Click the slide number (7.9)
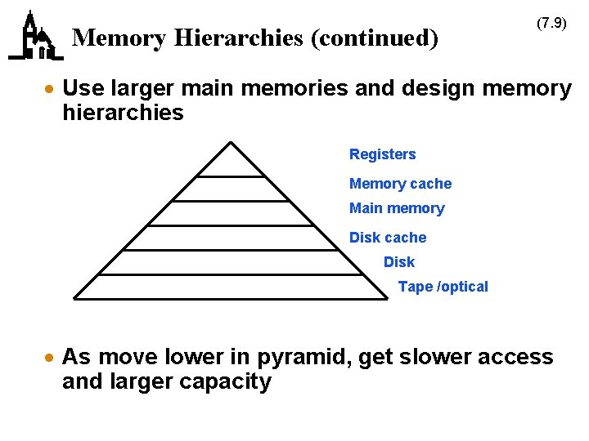click(551, 23)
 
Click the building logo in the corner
click(34, 37)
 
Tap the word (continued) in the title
click(373, 38)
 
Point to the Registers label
click(382, 154)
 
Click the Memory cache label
click(400, 184)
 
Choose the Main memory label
click(397, 208)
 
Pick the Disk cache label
click(388, 238)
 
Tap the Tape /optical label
click(443, 287)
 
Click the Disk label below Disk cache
click(398, 262)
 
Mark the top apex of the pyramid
click(232, 143)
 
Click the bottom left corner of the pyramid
click(74, 299)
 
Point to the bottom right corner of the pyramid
click(387, 299)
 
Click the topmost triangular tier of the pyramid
click(232, 163)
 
